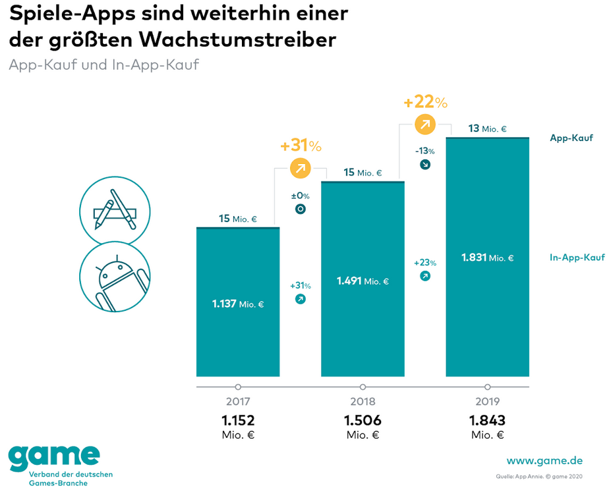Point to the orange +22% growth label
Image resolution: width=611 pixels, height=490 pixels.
[x=425, y=102]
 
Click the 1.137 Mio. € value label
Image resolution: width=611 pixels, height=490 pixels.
[x=238, y=304]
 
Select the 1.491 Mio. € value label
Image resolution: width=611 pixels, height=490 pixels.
[x=363, y=281]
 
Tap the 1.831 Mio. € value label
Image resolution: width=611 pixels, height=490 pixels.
[x=487, y=258]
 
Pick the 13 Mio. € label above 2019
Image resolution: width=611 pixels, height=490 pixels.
[x=487, y=129]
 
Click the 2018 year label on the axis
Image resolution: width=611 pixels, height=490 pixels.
[x=363, y=401]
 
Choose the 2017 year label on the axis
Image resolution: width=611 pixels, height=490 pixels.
[x=238, y=401]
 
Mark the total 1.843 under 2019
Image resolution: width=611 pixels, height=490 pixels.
[x=487, y=420]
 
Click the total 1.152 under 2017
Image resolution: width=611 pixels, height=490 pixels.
[x=238, y=420]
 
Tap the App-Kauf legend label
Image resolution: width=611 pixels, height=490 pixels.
[x=571, y=138]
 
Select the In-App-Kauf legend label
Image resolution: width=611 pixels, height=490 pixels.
[x=577, y=258]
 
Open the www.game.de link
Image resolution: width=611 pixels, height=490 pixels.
[x=544, y=460]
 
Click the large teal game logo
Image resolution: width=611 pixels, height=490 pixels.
[x=54, y=456]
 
